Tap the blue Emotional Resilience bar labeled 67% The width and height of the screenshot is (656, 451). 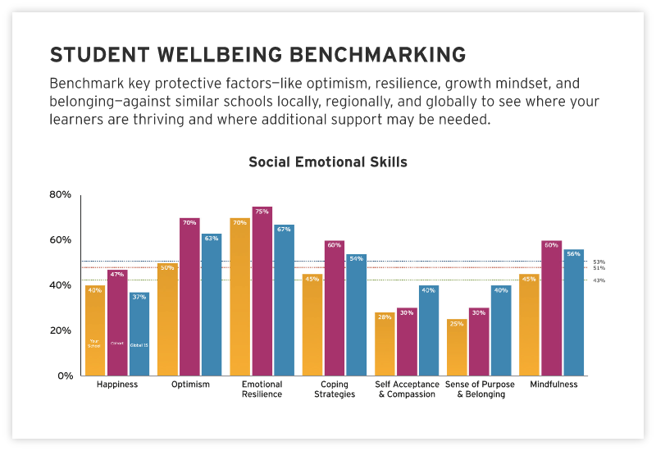pos(284,300)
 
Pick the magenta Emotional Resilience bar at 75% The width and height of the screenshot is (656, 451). pos(262,291)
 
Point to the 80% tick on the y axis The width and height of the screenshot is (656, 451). pos(61,194)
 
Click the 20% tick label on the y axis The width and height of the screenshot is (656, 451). pos(61,330)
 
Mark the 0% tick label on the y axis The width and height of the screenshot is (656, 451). pos(64,376)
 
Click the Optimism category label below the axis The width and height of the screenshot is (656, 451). pos(190,385)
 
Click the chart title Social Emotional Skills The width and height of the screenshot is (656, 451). pos(327,162)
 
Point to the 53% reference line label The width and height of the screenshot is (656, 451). pos(599,262)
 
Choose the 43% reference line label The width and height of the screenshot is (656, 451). pos(599,280)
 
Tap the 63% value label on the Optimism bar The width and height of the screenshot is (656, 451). pos(212,239)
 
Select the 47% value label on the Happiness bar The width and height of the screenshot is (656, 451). pos(117,275)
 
